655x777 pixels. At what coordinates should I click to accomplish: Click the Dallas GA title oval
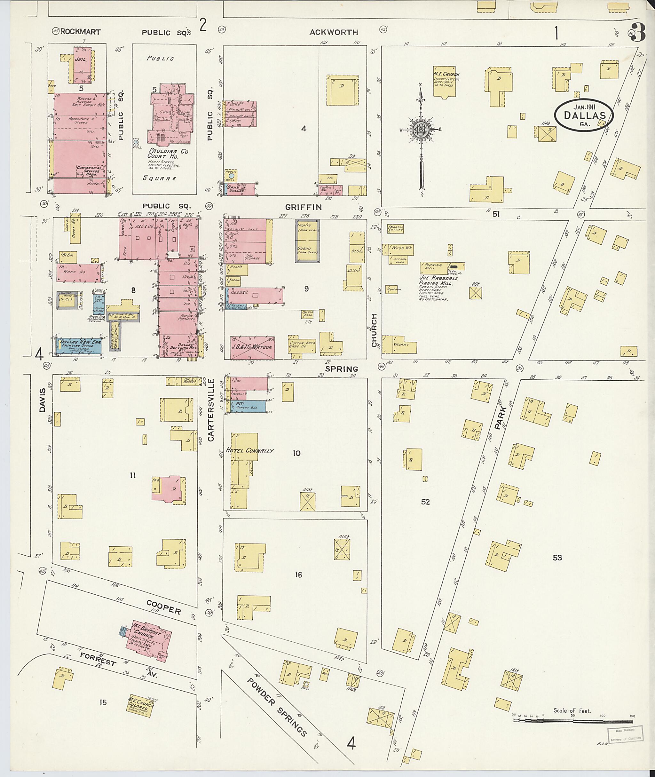[584, 115]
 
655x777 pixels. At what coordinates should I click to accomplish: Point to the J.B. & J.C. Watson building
[252, 348]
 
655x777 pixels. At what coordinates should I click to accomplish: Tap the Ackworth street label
[334, 32]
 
